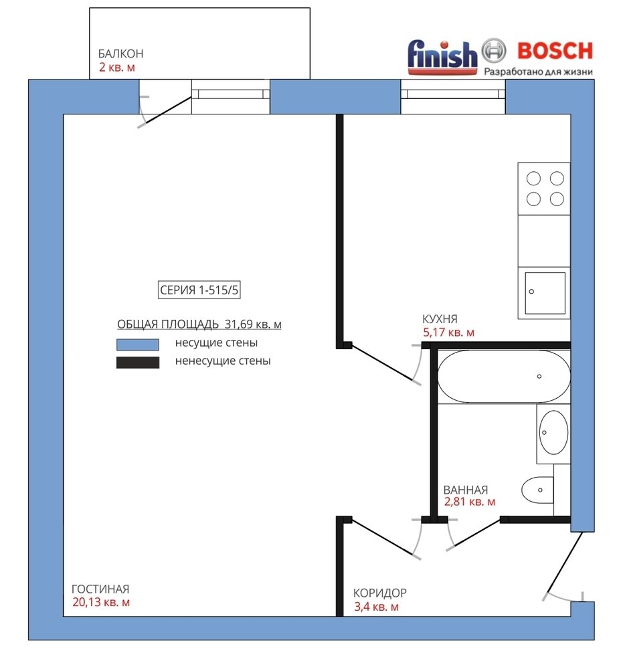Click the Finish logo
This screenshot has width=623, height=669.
click(442, 57)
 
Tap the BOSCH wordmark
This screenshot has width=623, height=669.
click(555, 51)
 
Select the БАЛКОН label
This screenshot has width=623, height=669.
click(120, 54)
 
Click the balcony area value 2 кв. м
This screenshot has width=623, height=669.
click(117, 68)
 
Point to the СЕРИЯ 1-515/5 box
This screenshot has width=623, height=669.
click(199, 290)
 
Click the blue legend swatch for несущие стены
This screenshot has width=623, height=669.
click(138, 345)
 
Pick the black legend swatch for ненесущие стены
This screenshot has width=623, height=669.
click(138, 362)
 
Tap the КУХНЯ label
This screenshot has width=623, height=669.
click(440, 318)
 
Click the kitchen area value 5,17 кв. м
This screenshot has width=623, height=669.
click(448, 332)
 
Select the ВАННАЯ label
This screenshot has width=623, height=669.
click(466, 490)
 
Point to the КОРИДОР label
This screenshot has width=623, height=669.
click(380, 593)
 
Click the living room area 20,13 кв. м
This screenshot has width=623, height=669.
click(101, 603)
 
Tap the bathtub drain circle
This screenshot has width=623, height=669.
click(539, 376)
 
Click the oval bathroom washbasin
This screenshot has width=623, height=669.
click(554, 432)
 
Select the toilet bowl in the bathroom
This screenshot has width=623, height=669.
click(537, 490)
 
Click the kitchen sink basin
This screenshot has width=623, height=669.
click(545, 293)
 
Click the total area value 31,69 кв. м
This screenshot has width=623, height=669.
click(253, 324)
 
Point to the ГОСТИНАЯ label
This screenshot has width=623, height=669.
click(100, 589)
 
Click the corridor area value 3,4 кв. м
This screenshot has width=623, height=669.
click(376, 607)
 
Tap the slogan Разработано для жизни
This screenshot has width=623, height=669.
click(538, 72)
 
